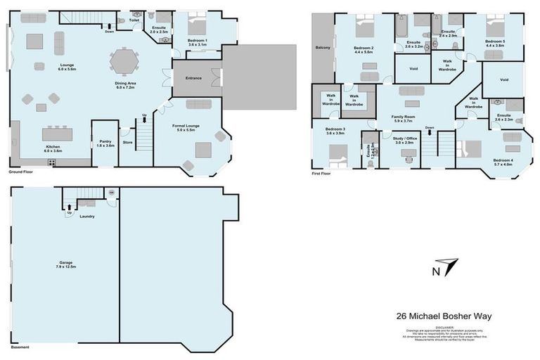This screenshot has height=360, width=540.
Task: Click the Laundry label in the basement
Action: (86, 216)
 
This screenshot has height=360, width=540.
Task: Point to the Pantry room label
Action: (105, 143)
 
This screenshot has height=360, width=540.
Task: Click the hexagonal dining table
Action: (125, 61)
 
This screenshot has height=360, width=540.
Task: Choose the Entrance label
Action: (193, 78)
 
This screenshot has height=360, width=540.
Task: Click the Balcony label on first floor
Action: (323, 49)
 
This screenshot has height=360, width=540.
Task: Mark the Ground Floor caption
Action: (22, 171)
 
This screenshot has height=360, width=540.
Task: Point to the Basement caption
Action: (19, 347)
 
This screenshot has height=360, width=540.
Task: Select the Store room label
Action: (127, 142)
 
